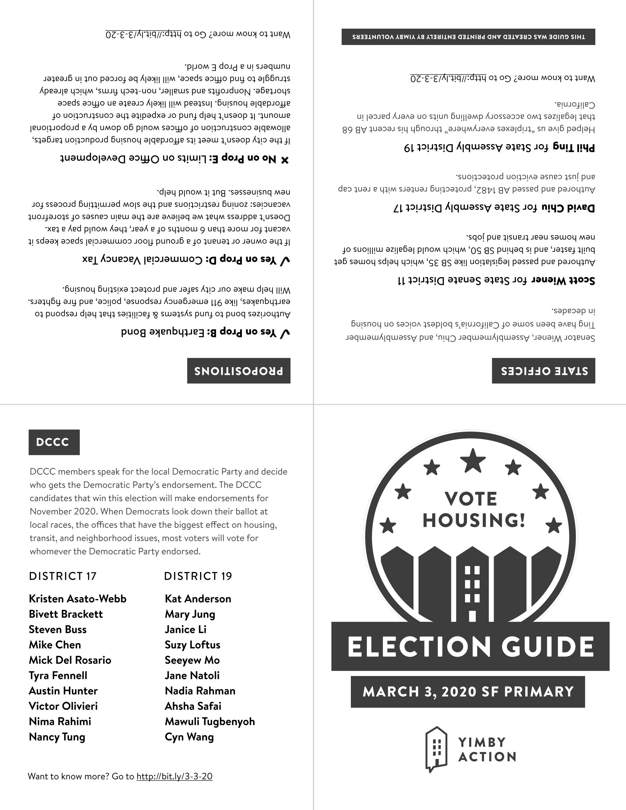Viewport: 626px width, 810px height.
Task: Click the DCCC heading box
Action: pyautogui.click(x=54, y=442)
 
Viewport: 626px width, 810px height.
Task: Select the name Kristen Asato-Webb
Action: pyautogui.click(x=77, y=599)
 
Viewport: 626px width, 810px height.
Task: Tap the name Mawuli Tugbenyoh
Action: pyautogui.click(x=209, y=721)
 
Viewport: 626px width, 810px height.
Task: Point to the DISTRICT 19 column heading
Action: pyautogui.click(x=198, y=576)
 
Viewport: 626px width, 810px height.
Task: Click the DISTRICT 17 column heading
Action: pyautogui.click(x=63, y=576)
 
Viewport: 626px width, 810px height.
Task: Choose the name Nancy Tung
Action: pyautogui.click(x=57, y=737)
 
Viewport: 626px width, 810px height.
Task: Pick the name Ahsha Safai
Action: pyautogui.click(x=193, y=706)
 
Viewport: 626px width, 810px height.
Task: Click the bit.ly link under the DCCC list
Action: pyautogui.click(x=174, y=776)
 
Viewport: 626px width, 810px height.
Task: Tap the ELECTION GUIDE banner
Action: pyautogui.click(x=470, y=647)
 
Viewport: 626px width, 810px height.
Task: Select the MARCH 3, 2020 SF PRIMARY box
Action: pyautogui.click(x=468, y=692)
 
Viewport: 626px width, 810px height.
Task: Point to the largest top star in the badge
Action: pyautogui.click(x=473, y=460)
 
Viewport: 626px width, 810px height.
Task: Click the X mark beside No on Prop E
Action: pyautogui.click(x=285, y=160)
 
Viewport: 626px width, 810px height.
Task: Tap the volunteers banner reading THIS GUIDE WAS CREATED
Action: pyautogui.click(x=468, y=37)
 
